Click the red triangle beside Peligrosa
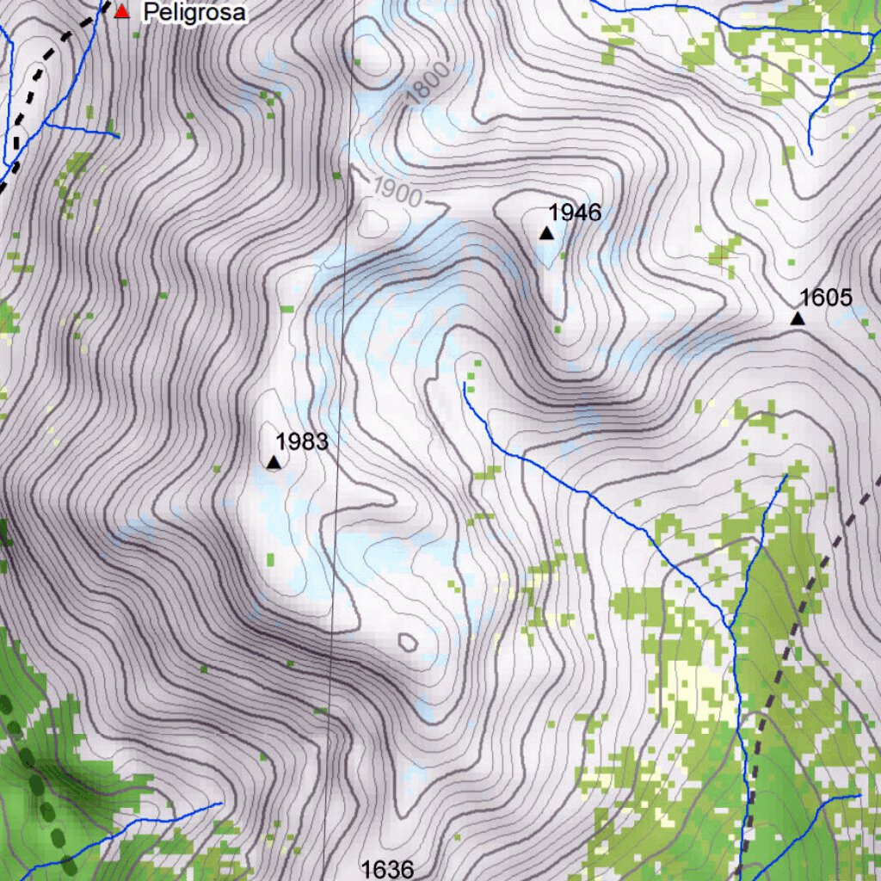(x=122, y=11)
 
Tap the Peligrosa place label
(x=194, y=13)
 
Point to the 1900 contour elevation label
(x=397, y=194)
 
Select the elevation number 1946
(x=575, y=213)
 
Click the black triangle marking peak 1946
(x=546, y=233)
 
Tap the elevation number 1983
(x=302, y=442)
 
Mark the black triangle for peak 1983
(x=274, y=463)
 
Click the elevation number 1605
(x=826, y=298)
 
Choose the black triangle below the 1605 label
(x=798, y=319)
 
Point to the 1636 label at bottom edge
(x=388, y=869)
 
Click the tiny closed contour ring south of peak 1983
(x=408, y=642)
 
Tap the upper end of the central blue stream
(x=465, y=385)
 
